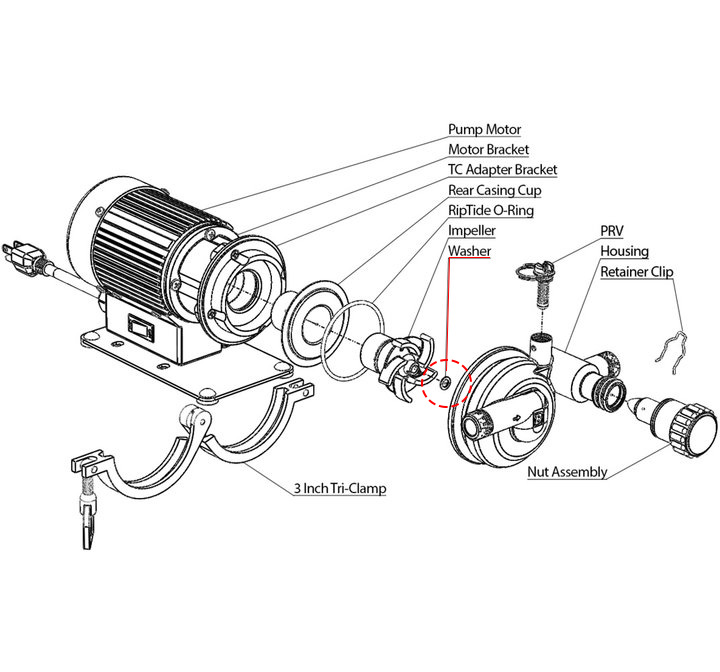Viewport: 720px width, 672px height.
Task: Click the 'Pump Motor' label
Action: (x=484, y=130)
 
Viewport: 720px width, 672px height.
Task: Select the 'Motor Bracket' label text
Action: (x=489, y=150)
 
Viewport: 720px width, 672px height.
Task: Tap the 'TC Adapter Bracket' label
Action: (x=502, y=170)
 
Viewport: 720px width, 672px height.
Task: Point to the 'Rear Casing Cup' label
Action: (x=495, y=190)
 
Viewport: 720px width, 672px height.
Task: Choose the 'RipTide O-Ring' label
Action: (x=491, y=210)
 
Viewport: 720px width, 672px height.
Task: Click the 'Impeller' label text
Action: (x=472, y=231)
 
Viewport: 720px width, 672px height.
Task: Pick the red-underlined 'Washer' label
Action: (x=469, y=251)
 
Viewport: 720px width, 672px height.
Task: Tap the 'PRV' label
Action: (x=612, y=231)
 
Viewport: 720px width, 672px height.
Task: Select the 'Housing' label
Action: (x=624, y=251)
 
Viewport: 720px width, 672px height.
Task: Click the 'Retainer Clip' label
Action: (x=637, y=271)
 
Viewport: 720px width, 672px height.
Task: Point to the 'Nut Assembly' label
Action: (x=567, y=472)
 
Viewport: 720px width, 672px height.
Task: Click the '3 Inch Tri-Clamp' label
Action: (x=340, y=488)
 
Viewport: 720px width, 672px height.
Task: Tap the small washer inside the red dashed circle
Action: (x=445, y=382)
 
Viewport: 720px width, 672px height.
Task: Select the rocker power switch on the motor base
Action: (x=141, y=327)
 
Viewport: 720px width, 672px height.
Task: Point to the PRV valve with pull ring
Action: (x=537, y=283)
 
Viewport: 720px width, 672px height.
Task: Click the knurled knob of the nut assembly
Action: (x=692, y=428)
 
